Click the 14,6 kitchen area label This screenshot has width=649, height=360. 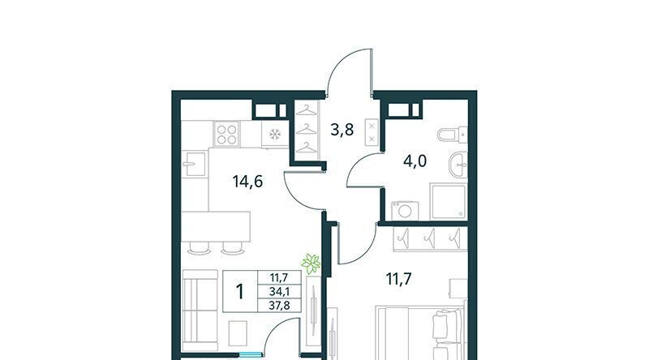pyautogui.click(x=247, y=182)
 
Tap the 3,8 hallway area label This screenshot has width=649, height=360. pyautogui.click(x=342, y=130)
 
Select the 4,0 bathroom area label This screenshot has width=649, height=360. pyautogui.click(x=415, y=161)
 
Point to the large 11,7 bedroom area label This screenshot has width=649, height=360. pyautogui.click(x=398, y=279)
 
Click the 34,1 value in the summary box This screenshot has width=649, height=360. pyautogui.click(x=279, y=292)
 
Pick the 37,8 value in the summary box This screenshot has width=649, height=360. pyautogui.click(x=279, y=306)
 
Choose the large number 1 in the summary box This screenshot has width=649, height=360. pyautogui.click(x=239, y=291)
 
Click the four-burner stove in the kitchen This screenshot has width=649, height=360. pyautogui.click(x=226, y=134)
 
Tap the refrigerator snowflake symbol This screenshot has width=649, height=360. pyautogui.click(x=275, y=134)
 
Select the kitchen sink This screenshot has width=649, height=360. pyautogui.click(x=195, y=164)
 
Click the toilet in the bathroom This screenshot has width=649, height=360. pyautogui.click(x=452, y=135)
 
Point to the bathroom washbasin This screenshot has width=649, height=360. pyautogui.click(x=458, y=165)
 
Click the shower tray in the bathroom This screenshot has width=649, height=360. pyautogui.click(x=449, y=202)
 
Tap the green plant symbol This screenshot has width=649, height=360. pyautogui.click(x=312, y=264)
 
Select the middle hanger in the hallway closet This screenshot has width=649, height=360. pyautogui.click(x=307, y=130)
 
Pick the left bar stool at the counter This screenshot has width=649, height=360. pyautogui.click(x=199, y=248)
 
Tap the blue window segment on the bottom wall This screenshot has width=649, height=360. pyautogui.click(x=251, y=354)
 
